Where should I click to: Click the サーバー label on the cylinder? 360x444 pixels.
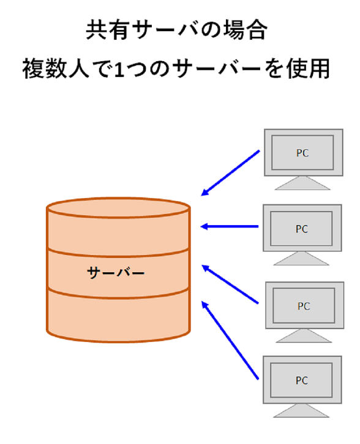point(116,273)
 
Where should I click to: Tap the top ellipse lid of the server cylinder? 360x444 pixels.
point(118,208)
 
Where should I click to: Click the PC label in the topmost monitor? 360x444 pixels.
point(302,153)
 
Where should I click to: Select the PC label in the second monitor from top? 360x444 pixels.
point(302,229)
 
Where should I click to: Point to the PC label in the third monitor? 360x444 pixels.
point(304,306)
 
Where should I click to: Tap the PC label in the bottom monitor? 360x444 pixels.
point(302,380)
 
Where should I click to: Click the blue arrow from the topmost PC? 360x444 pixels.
point(230,173)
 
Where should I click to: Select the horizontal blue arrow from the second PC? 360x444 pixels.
point(230,226)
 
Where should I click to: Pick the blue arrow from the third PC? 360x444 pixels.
point(230,284)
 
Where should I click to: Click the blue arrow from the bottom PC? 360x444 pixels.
point(230,340)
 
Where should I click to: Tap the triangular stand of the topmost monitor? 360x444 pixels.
point(302,183)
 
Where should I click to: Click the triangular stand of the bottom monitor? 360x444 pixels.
point(301,410)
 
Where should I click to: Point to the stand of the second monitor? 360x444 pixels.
point(301,259)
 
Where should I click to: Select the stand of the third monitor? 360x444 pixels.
point(304,336)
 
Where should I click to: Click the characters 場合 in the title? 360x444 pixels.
point(245,30)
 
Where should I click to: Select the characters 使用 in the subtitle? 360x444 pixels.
point(308,68)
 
